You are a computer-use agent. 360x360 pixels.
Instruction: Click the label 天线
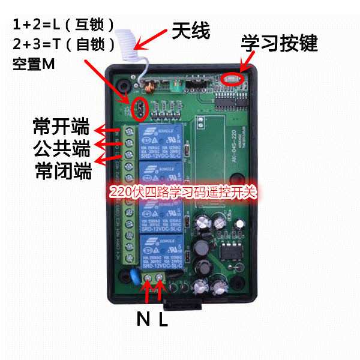click(191, 31)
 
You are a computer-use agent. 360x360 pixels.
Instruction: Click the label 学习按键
click(279, 43)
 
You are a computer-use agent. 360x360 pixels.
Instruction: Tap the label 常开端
click(61, 127)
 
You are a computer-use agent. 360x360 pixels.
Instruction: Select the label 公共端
click(61, 148)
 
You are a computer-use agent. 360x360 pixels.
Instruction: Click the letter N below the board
click(143, 319)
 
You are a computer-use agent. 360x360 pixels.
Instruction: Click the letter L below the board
click(163, 319)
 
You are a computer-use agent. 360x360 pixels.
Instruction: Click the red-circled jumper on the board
click(139, 109)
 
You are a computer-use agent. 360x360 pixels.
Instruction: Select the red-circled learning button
click(231, 77)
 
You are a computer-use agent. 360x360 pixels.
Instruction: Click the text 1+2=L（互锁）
click(64, 25)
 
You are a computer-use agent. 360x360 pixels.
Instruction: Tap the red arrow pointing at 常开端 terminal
click(110, 129)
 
